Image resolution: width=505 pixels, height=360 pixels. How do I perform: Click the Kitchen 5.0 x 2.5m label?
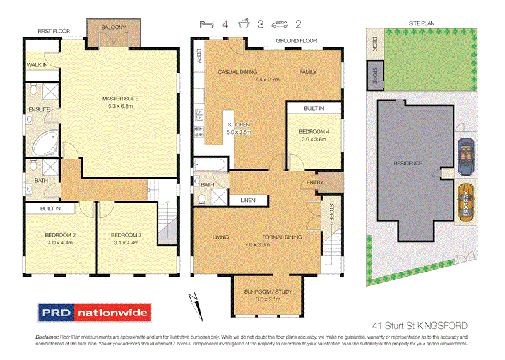tap(239, 129)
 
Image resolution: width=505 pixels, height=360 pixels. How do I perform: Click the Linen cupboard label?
tap(247, 201)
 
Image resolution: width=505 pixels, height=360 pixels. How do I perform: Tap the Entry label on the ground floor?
tap(314, 183)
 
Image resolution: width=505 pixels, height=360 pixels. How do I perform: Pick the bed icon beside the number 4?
tap(205, 25)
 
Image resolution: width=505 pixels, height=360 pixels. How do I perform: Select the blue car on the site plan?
tap(466, 156)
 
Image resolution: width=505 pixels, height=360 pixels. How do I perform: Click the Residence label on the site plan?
tap(408, 164)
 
